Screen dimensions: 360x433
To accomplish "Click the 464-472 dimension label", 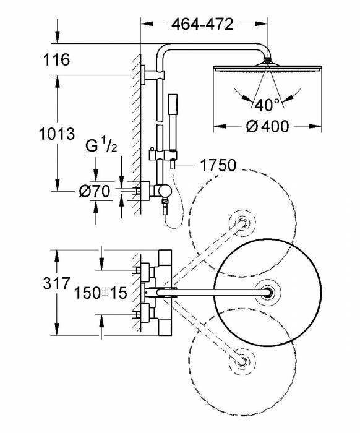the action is [x=202, y=24].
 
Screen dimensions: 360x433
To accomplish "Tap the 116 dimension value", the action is [x=56, y=59].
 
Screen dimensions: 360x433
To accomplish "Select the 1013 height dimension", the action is [x=56, y=134].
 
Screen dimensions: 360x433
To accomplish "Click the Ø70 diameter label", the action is [x=95, y=191].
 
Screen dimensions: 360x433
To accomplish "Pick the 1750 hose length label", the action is [x=218, y=165].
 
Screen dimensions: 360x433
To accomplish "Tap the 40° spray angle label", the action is [x=267, y=105].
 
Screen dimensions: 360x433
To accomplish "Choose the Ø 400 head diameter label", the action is [x=267, y=126].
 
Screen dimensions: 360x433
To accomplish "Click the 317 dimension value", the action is [x=56, y=283].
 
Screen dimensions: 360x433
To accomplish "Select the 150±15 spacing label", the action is [x=101, y=293].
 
